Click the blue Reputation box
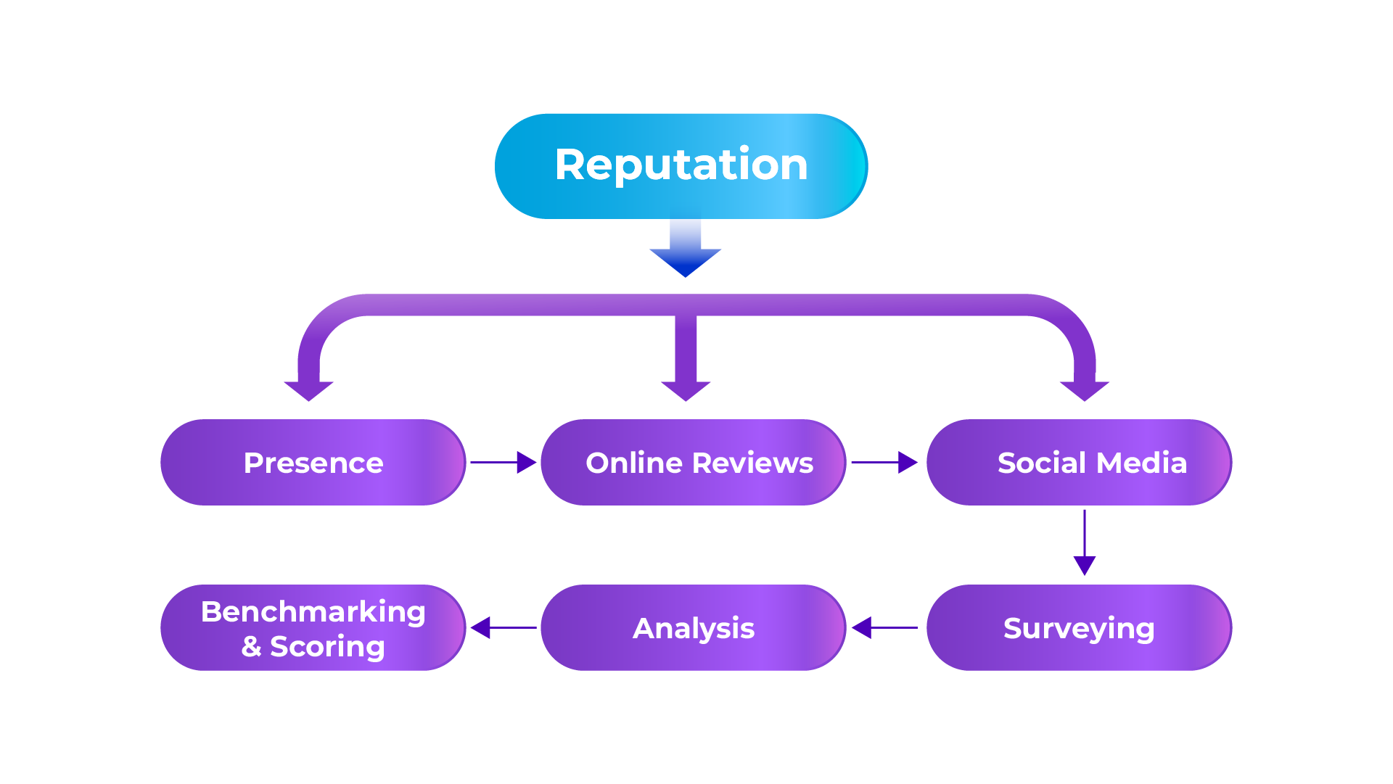[x=681, y=166]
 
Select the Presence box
[x=313, y=463]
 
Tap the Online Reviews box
[x=693, y=463]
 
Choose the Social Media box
[x=1079, y=463]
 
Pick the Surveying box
[x=1079, y=628]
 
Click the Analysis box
[x=693, y=628]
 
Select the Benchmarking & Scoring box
[x=313, y=628]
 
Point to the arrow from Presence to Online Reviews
[x=503, y=462]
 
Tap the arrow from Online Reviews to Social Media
[x=884, y=462]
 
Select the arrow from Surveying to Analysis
[x=884, y=627]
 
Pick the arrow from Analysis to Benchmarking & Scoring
[x=503, y=627]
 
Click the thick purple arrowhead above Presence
[x=309, y=389]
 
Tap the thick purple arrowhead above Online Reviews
[x=686, y=389]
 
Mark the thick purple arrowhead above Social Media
[x=1085, y=389]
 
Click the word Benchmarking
[x=313, y=612]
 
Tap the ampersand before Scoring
[x=251, y=646]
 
